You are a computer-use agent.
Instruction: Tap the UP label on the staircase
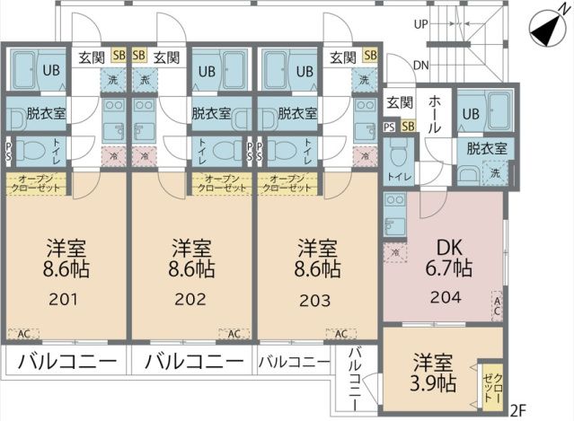coord(420,24)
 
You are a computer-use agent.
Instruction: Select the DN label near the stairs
coord(420,65)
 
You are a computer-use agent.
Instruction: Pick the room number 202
coord(190,299)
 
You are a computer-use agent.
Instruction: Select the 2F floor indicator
coord(517,411)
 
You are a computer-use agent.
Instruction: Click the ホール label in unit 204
coord(433,114)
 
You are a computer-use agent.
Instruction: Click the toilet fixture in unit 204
coord(396,158)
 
